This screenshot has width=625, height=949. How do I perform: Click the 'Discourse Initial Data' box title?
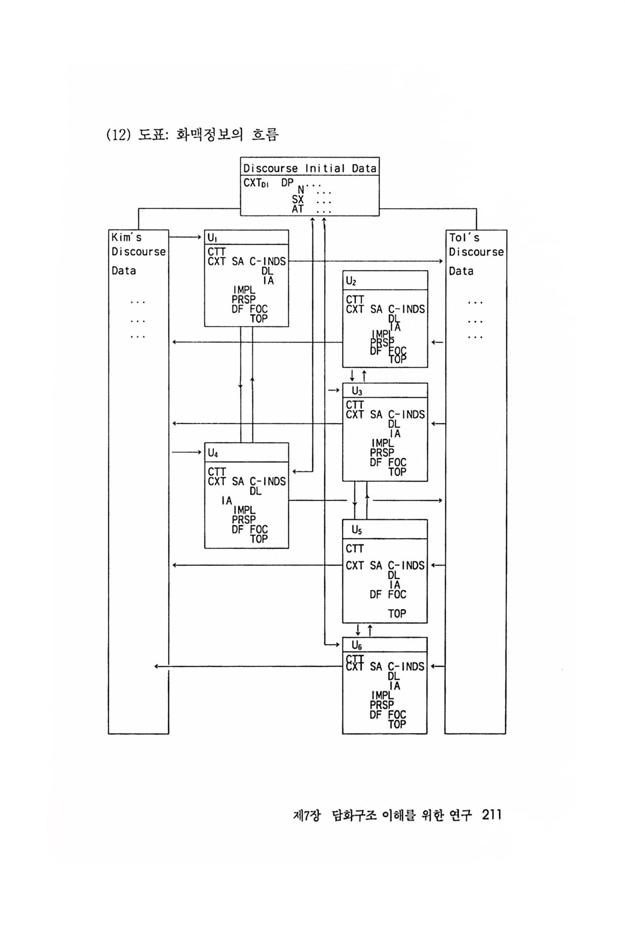[x=310, y=168]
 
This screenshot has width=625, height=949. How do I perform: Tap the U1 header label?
[x=212, y=238]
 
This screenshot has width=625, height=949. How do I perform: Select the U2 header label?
[x=351, y=281]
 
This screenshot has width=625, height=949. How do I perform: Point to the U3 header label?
[x=357, y=391]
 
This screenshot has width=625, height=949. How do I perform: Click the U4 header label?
[x=213, y=453]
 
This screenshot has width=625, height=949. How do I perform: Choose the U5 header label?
[x=357, y=530]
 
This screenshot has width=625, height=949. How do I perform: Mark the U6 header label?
[x=357, y=645]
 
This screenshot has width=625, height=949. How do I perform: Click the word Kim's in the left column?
[x=126, y=238]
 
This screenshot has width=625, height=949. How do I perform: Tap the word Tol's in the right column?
[x=464, y=238]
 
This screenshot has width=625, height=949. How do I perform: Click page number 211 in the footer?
[x=491, y=815]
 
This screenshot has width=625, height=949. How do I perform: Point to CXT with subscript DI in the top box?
[x=256, y=183]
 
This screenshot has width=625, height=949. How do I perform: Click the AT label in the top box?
[x=297, y=209]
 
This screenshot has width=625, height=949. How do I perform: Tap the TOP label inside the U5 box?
[x=397, y=613]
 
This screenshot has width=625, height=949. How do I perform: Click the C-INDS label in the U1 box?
[x=268, y=261]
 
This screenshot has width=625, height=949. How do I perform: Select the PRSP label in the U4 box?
[x=244, y=519]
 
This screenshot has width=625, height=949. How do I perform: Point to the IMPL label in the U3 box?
[x=382, y=443]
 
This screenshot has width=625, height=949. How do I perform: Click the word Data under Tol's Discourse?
[x=461, y=271]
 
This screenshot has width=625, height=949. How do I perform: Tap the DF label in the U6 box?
[x=376, y=715]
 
